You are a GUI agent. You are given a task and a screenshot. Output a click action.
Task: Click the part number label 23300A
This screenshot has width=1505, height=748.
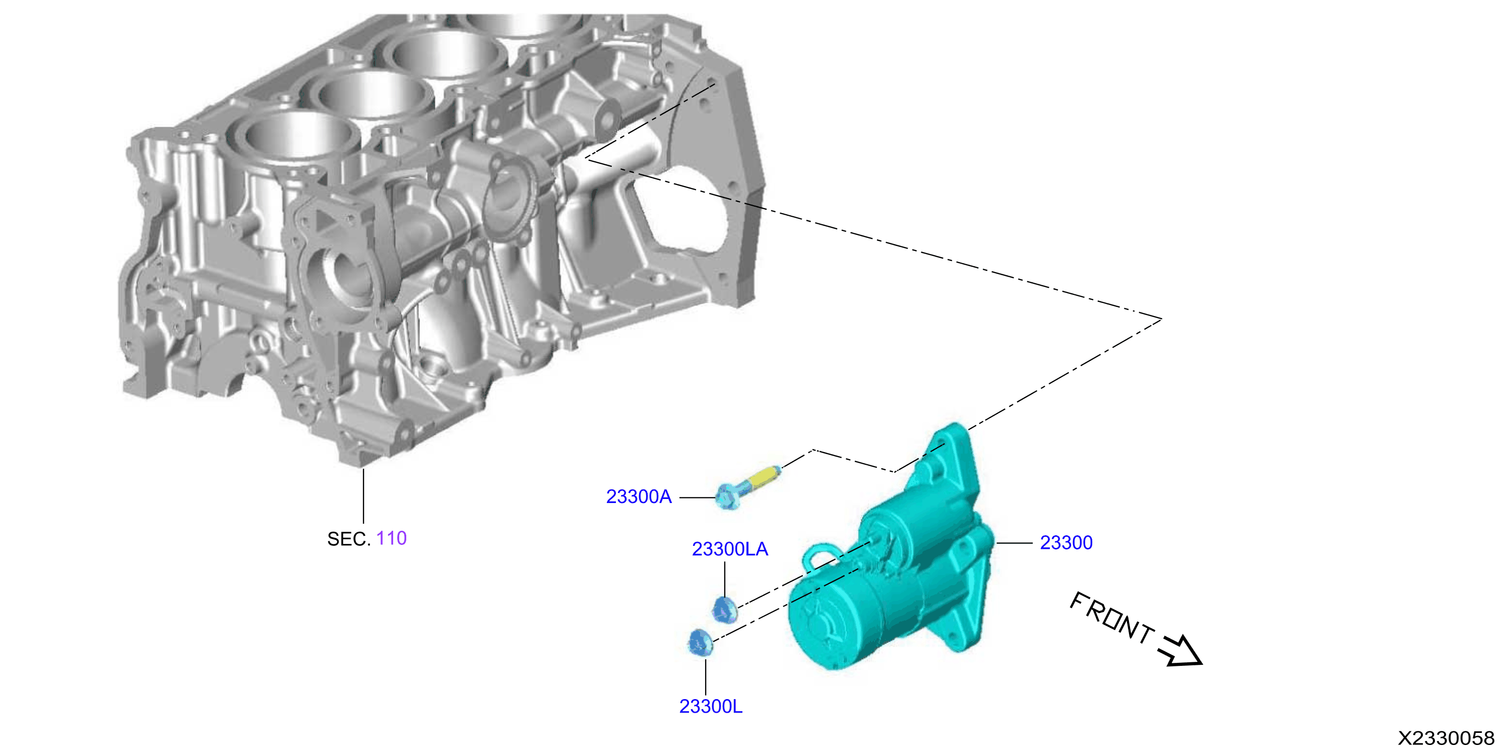coord(639,496)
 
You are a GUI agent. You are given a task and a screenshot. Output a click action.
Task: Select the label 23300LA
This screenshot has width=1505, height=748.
coord(730,549)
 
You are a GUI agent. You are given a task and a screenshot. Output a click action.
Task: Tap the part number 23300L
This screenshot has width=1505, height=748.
coord(711,707)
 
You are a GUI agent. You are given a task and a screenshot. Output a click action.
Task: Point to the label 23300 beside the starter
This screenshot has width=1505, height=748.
coord(1066,543)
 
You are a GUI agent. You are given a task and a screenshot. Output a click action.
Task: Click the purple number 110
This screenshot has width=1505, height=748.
coord(392,538)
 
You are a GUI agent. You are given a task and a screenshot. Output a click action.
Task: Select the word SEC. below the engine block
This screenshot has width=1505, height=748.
coord(349,539)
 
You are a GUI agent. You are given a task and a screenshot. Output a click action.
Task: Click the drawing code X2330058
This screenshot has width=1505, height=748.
coord(1446,737)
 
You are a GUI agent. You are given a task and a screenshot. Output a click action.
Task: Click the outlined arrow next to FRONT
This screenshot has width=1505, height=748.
coord(1181,650)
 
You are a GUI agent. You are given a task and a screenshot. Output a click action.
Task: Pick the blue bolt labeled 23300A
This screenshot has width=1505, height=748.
coord(748,487)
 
